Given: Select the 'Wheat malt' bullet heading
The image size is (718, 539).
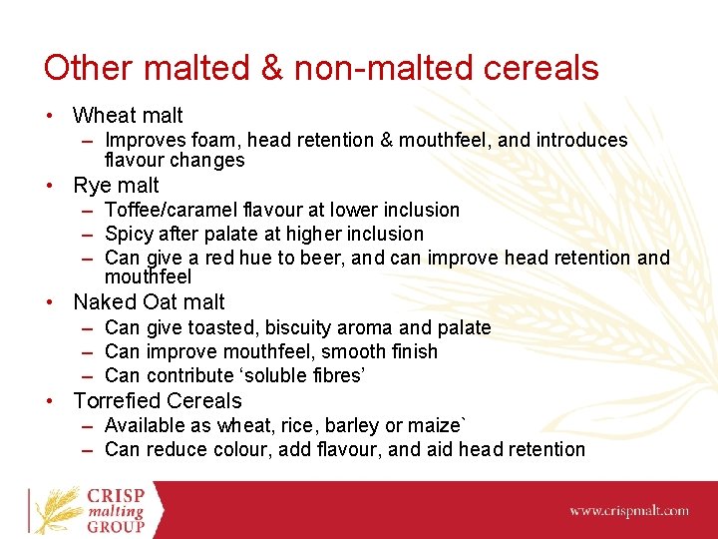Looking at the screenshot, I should (x=128, y=116).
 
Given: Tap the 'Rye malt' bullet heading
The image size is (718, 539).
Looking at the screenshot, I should (x=116, y=185).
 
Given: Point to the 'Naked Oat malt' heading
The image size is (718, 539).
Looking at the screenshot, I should (x=149, y=301).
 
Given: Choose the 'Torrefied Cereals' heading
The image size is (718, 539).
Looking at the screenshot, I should (x=158, y=400).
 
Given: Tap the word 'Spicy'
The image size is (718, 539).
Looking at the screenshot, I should (x=128, y=234).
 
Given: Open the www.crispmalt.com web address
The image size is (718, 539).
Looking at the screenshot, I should (x=628, y=510).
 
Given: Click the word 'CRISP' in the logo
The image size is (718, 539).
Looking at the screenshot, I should (x=115, y=496).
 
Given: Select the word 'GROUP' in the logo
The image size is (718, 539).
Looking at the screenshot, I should (x=115, y=526).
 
